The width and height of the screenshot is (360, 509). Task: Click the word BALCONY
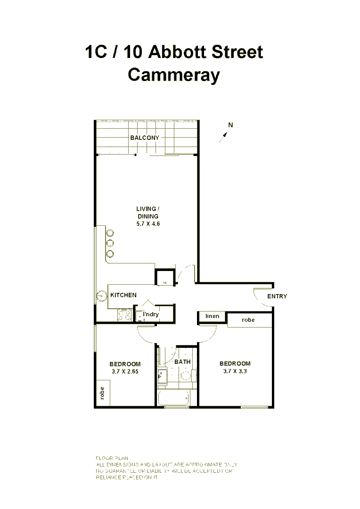pyautogui.click(x=145, y=138)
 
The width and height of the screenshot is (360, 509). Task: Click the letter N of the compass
pyautogui.click(x=230, y=125)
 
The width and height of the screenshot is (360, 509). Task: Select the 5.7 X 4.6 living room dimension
pyautogui.click(x=148, y=224)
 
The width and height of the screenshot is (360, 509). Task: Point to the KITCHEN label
pyautogui.click(x=123, y=295)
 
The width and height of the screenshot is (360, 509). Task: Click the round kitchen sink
pyautogui.click(x=102, y=296)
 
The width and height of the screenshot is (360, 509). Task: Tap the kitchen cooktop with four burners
pyautogui.click(x=124, y=315)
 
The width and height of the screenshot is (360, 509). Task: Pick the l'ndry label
pyautogui.click(x=151, y=314)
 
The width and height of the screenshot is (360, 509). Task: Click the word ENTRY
pyautogui.click(x=277, y=296)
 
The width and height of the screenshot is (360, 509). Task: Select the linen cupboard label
pyautogui.click(x=213, y=316)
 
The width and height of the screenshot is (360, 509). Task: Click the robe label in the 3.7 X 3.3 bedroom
pyautogui.click(x=248, y=320)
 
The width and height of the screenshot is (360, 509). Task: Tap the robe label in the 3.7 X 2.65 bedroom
pyautogui.click(x=102, y=393)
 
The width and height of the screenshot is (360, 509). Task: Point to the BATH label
pyautogui.click(x=182, y=362)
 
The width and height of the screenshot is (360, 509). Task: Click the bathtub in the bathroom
pyautogui.click(x=174, y=398)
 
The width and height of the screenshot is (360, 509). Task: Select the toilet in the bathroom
pyautogui.click(x=186, y=376)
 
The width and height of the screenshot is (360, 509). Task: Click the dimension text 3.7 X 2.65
pyautogui.click(x=125, y=371)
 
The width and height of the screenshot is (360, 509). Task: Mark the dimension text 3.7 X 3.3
pyautogui.click(x=235, y=371)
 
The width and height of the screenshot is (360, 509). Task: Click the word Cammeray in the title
pyautogui.click(x=174, y=75)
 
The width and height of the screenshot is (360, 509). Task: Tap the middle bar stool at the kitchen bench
pyautogui.click(x=110, y=243)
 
